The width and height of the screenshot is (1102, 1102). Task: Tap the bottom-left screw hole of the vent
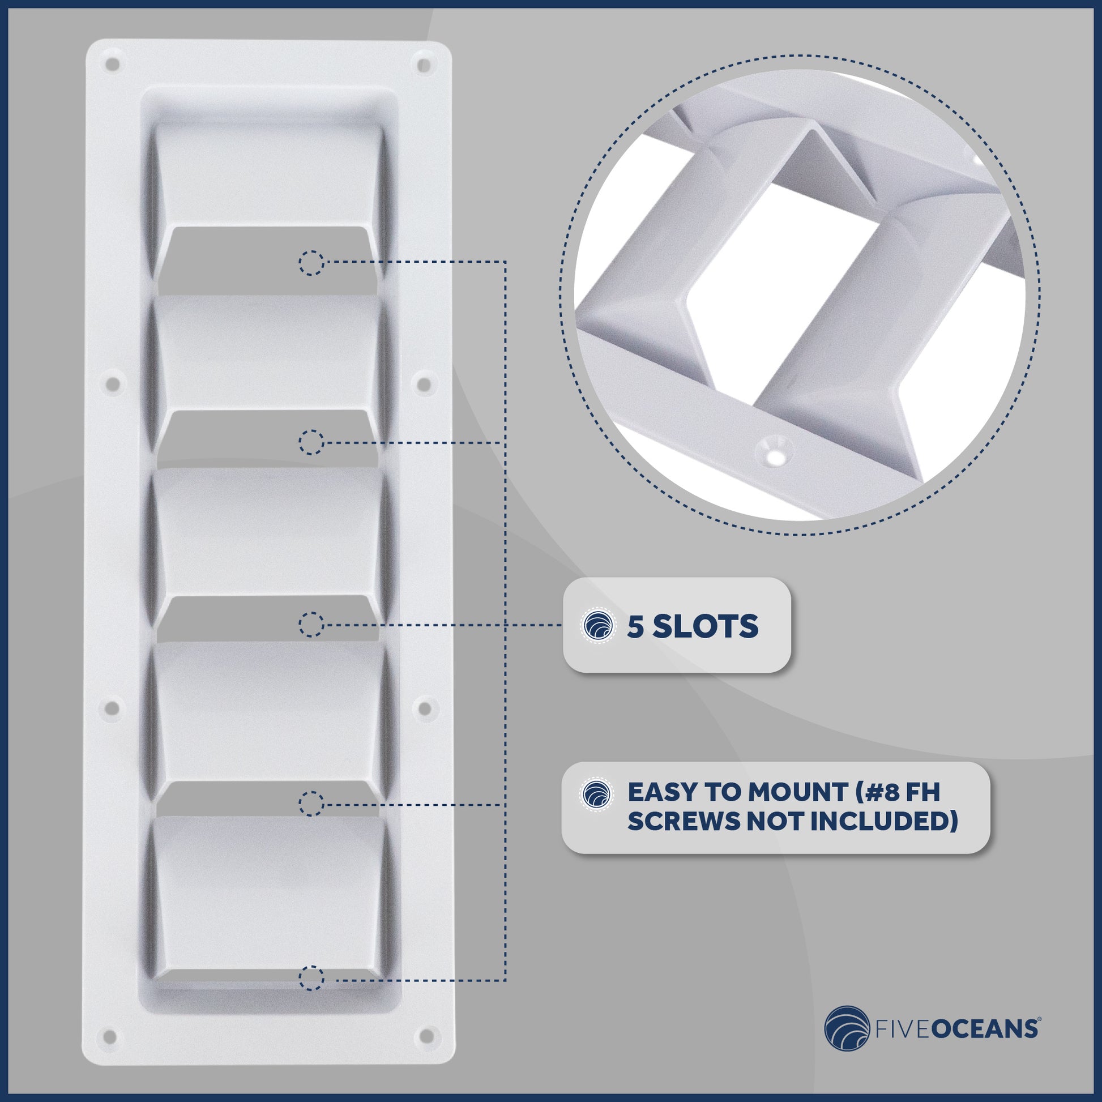pyautogui.click(x=112, y=1035)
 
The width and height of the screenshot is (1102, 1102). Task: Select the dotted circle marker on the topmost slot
pyautogui.click(x=311, y=263)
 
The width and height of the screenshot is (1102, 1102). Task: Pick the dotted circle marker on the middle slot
pyautogui.click(x=311, y=625)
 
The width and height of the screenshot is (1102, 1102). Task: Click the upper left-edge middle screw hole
pyautogui.click(x=113, y=384)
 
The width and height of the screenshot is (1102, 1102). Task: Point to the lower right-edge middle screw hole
pyautogui.click(x=425, y=708)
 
